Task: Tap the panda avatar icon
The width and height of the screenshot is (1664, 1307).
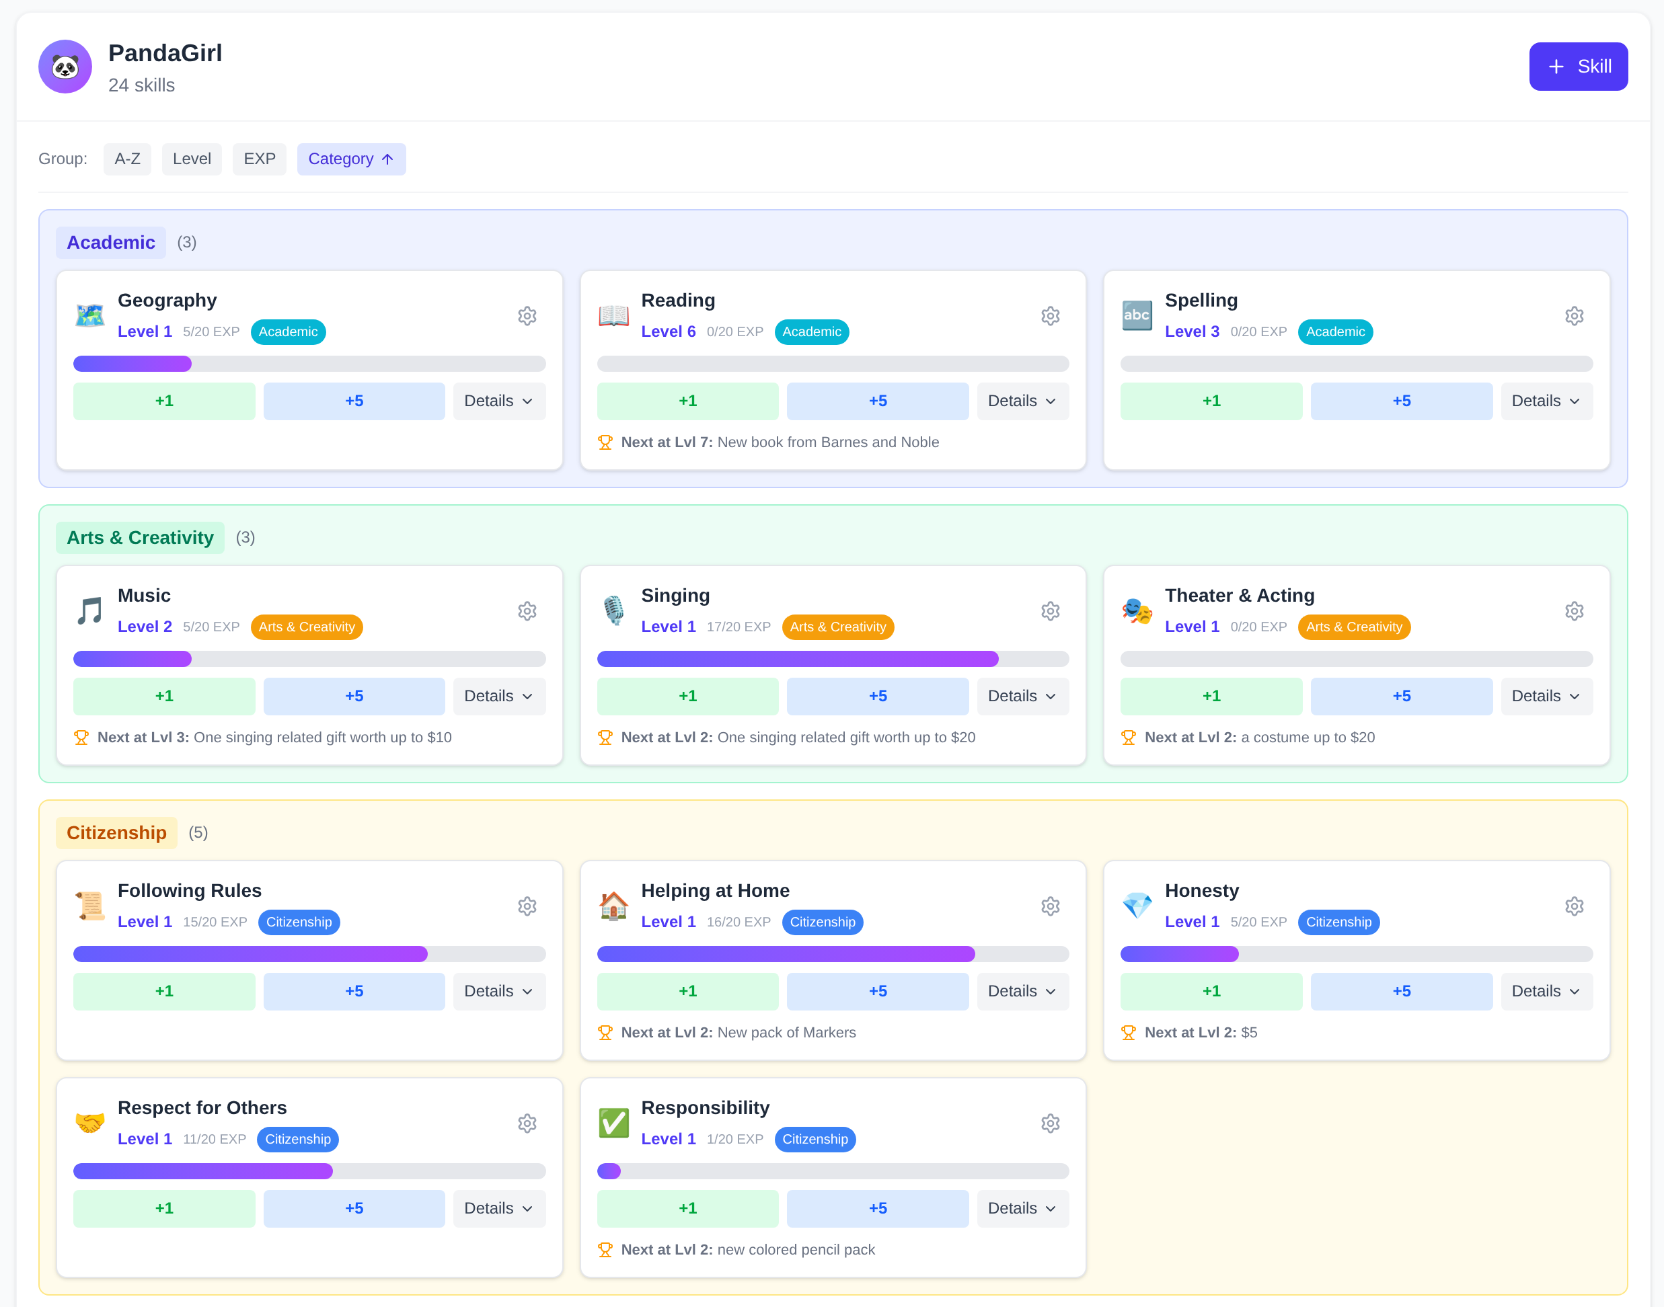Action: pos(65,67)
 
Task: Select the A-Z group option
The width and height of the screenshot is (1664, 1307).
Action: pos(127,159)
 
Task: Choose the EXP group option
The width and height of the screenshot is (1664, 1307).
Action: pos(260,159)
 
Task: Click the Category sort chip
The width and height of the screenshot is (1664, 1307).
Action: pos(350,159)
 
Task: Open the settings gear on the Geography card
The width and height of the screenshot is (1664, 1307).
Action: pos(527,316)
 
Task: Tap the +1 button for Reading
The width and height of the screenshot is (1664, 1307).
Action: pos(687,401)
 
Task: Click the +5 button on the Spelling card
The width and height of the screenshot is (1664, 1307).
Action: pos(1401,401)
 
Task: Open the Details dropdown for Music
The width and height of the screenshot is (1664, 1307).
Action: pos(498,697)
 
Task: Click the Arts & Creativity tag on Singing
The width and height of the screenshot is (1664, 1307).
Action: pos(837,627)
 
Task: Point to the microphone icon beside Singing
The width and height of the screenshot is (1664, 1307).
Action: pos(613,610)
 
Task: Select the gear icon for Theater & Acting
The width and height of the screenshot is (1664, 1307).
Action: pos(1574,611)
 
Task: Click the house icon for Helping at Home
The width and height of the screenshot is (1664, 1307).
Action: pos(613,906)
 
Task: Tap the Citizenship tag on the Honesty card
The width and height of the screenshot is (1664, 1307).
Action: pos(1338,922)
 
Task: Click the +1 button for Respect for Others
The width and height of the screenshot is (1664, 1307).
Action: pos(164,1208)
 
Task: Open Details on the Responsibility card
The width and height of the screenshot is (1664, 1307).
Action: pos(1022,1208)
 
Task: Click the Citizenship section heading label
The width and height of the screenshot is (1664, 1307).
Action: pos(116,832)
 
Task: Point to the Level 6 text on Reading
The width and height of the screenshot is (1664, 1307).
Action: pos(668,331)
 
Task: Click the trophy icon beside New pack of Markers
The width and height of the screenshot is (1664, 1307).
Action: pos(605,1032)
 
